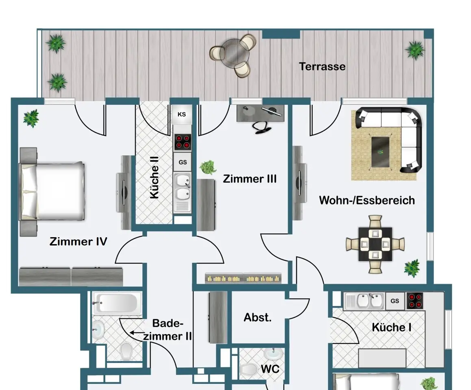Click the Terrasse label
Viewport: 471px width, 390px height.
[322, 66]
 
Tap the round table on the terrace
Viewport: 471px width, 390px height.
[234, 54]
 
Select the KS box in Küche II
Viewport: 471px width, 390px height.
[182, 115]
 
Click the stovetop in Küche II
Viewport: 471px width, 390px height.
[182, 142]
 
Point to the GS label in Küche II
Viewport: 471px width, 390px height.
[182, 162]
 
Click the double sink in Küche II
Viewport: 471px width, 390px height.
[182, 186]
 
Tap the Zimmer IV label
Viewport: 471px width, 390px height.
[78, 241]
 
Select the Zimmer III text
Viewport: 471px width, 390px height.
[250, 179]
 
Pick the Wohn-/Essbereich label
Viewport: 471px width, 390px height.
[367, 200]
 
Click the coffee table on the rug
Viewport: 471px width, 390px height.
[380, 152]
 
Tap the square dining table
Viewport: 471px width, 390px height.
[375, 244]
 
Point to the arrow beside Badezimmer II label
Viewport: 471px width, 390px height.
[136, 333]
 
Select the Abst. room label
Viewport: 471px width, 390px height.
[257, 317]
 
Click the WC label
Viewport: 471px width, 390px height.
[270, 369]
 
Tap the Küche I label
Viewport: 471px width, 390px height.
[391, 327]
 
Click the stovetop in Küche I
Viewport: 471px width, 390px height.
[415, 301]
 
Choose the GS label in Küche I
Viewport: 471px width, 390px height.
[395, 301]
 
